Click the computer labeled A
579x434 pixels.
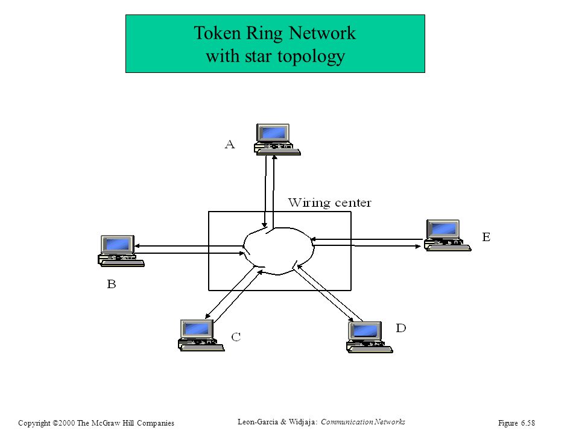coord(277,139)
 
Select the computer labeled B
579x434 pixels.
coord(121,251)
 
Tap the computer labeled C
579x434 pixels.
coord(201,335)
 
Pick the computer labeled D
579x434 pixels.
coord(370,337)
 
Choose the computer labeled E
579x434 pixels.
coord(448,235)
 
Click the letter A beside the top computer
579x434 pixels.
coord(230,144)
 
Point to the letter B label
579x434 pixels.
coord(112,284)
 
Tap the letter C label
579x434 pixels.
coord(236,336)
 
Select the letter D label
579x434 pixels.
coord(401,328)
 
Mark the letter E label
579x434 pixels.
coord(486,236)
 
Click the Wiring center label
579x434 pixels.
coord(330,203)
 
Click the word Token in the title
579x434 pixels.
coord(217,33)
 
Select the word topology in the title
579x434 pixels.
coord(311,57)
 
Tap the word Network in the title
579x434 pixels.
coord(322,33)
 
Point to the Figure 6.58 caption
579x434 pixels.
coord(516,423)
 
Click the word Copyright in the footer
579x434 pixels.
coord(34,423)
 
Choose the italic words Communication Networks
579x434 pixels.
coord(363,422)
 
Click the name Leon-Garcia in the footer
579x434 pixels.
coord(258,422)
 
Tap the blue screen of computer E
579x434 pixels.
coord(443,229)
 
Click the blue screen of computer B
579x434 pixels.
coord(118,244)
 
